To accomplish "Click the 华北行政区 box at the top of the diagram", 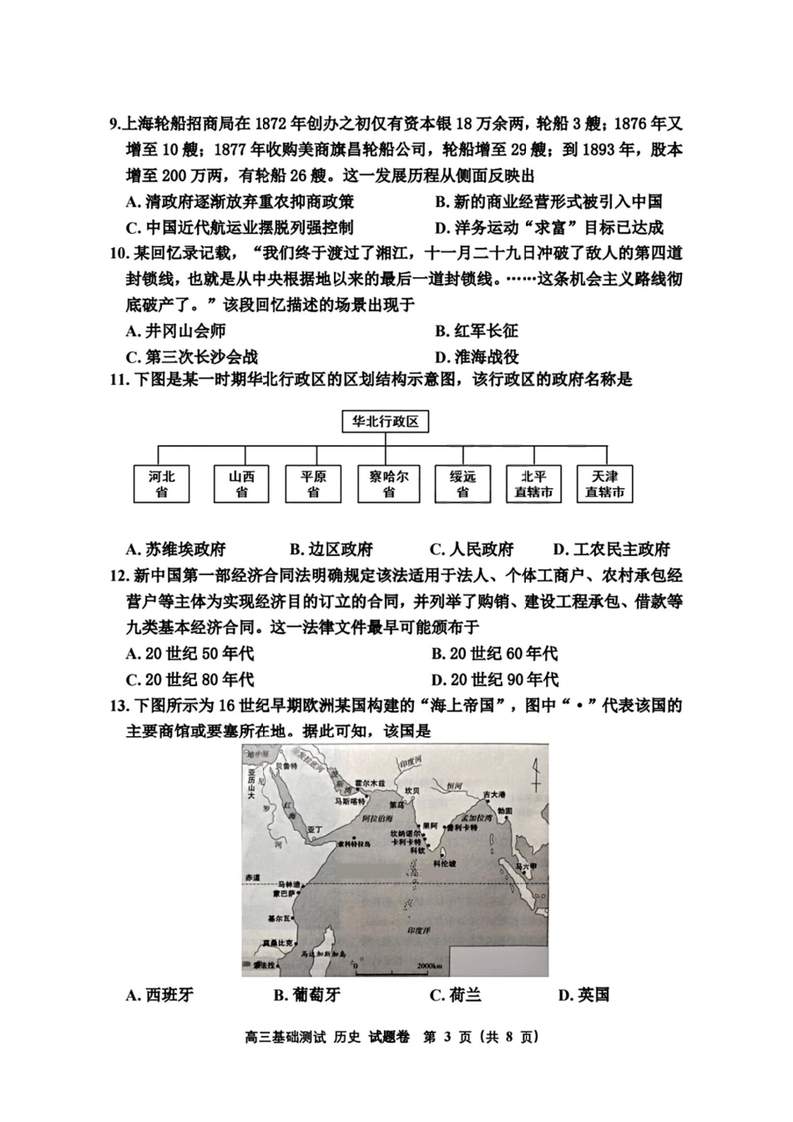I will point(385,422).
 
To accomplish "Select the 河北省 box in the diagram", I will point(162,484).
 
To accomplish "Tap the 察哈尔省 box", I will point(388,484).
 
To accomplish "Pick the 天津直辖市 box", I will point(605,484).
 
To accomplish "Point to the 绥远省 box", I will point(462,484).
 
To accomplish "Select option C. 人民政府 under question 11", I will point(471,549).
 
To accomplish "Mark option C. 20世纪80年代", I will point(189,680).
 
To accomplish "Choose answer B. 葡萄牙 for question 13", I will point(306,994).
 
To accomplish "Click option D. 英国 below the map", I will point(583,994).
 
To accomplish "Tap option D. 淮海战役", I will point(477,356).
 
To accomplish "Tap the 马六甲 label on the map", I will point(524,867).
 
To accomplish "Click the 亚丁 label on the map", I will point(315,829).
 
